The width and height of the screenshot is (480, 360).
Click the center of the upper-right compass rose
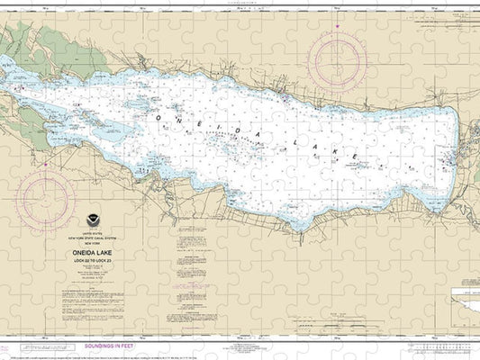337,59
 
